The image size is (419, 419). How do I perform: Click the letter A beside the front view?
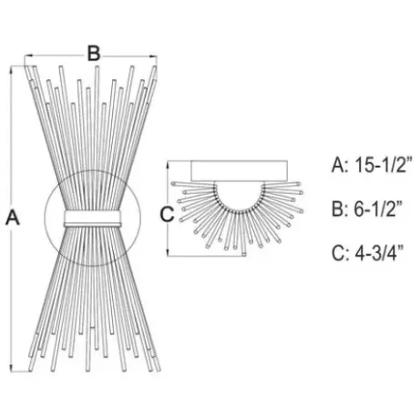pos(13,217)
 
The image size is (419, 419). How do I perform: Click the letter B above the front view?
pos(94,53)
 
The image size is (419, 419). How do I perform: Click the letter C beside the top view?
pos(167,214)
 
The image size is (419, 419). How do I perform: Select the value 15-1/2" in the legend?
pos(383,166)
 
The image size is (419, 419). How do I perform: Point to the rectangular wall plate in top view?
pos(239,171)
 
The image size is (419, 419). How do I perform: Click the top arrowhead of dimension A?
pos(12,69)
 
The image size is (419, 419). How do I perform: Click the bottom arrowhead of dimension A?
pos(12,368)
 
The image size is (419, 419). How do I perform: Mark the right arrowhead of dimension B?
pos(153,56)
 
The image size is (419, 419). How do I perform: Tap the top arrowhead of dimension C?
pos(168,165)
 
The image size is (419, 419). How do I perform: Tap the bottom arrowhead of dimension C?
pos(168,252)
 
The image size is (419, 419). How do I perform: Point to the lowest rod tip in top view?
pos(244,254)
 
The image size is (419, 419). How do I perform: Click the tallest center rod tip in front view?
pos(97,67)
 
